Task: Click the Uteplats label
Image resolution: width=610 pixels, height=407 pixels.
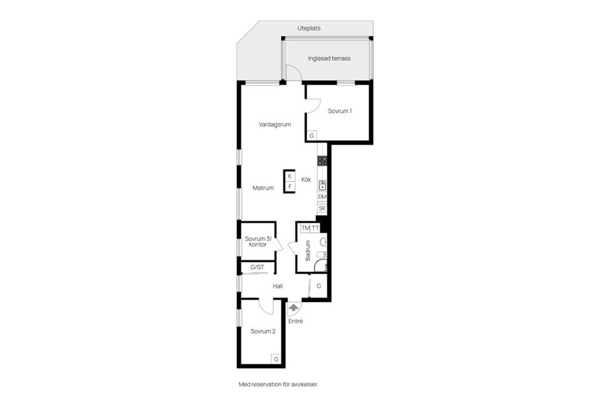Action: pos(309,29)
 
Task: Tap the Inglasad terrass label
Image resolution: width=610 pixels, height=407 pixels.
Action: pos(329,59)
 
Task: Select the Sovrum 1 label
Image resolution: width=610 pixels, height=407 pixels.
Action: pos(339,111)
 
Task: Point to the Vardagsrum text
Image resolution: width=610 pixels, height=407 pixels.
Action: pos(274,125)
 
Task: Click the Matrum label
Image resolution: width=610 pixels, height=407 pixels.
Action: pos(263,188)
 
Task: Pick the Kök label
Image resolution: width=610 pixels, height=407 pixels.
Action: pos(306,179)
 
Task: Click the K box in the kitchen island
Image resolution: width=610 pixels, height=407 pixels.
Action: pos(290,176)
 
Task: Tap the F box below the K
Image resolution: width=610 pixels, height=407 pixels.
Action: pos(290,186)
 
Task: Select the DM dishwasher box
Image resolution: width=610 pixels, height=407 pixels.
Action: pos(322,197)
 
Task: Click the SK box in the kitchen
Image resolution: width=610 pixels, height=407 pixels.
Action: pos(322,209)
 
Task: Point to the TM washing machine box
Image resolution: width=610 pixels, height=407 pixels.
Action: pos(306,228)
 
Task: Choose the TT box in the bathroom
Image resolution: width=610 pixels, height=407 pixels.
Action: pos(315,228)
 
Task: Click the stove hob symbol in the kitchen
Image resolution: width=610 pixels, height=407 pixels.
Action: pos(322,160)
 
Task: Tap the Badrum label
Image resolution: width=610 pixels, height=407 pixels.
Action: pos(308,251)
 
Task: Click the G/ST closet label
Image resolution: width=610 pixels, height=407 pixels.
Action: pos(257,267)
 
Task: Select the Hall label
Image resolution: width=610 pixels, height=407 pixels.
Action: pos(278,286)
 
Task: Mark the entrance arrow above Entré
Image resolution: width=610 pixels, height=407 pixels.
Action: pos(294,308)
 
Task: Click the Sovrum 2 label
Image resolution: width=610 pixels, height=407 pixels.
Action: pos(263,331)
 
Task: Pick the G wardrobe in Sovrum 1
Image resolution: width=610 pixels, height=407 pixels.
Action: pos(311,136)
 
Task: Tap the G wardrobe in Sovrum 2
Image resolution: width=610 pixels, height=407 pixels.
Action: pos(276,359)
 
